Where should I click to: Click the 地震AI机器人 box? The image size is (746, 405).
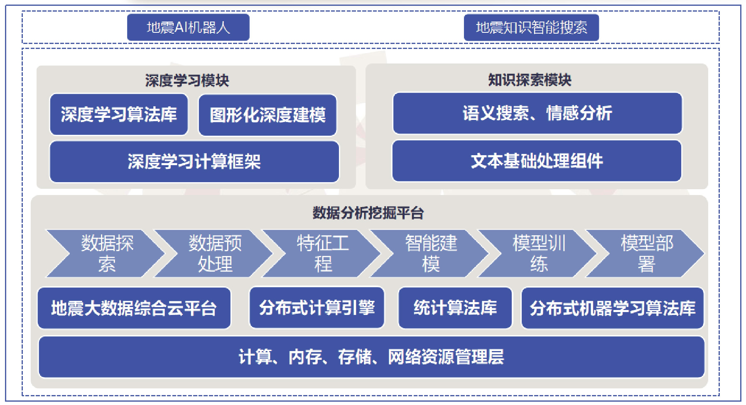(x=188, y=27)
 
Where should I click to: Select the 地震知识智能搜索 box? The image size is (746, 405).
(x=531, y=27)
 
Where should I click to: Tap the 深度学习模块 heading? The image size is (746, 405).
(x=187, y=80)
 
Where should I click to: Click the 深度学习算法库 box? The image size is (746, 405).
(x=119, y=115)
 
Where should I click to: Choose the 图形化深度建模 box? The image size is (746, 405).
(x=267, y=115)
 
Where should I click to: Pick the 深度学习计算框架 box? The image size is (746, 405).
(x=194, y=161)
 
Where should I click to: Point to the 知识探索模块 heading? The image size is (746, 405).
(x=530, y=80)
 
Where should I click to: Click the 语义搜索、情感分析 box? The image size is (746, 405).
(x=537, y=113)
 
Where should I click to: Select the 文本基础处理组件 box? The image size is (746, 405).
(x=537, y=161)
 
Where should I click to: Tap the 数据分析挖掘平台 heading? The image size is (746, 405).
(x=368, y=213)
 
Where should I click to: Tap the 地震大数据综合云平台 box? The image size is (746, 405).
(x=134, y=308)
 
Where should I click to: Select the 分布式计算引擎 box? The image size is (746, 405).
(x=317, y=308)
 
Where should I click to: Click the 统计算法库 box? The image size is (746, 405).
(x=455, y=308)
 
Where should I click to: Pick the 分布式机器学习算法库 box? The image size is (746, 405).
(x=612, y=308)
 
